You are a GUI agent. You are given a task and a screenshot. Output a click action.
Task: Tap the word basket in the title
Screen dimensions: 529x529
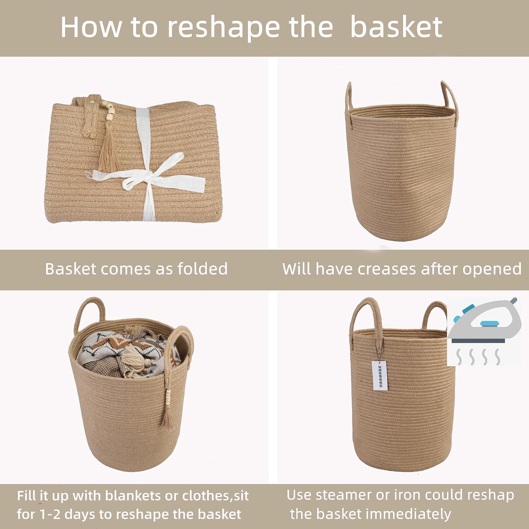(x=396, y=27)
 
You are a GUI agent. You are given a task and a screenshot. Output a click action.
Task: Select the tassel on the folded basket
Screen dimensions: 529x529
(x=109, y=150)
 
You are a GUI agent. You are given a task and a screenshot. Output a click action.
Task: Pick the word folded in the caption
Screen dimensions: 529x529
(x=202, y=269)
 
